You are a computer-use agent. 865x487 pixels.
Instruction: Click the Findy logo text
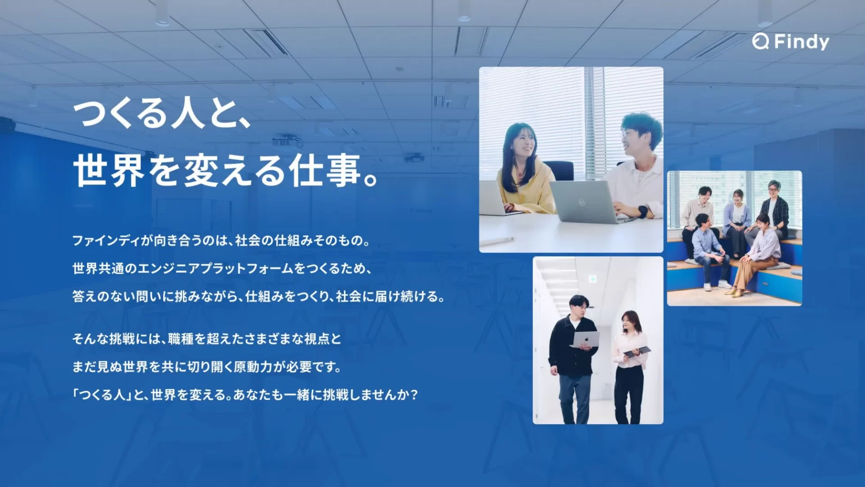tap(801, 42)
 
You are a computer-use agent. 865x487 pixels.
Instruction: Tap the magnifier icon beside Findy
tap(760, 41)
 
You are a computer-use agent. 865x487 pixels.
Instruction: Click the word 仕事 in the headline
tap(326, 171)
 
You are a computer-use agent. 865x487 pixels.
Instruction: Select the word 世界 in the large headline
tap(109, 171)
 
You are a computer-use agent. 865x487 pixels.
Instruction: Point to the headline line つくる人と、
tap(162, 115)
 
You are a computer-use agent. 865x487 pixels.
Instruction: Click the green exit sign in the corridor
tap(593, 278)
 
